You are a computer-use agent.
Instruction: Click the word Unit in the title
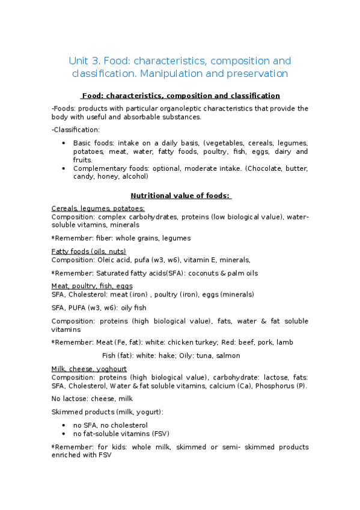[79, 61]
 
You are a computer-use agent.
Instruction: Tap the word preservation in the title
[258, 74]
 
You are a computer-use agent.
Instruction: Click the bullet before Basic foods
[64, 143]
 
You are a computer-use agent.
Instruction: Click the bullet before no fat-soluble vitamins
[64, 434]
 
